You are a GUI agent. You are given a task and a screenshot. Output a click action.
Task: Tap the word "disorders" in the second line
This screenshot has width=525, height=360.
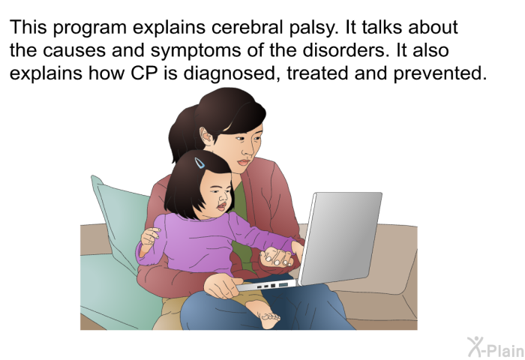click(x=346, y=50)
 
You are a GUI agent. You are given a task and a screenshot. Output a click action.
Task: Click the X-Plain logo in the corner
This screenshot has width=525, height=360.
click(x=496, y=347)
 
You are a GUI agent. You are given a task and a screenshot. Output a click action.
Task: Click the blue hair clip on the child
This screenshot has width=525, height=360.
click(x=200, y=163)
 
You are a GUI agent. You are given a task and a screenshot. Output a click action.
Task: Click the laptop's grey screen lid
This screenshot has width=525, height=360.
click(x=340, y=237)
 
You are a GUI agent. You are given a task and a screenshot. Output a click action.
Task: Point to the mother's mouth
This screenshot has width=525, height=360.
click(x=244, y=163)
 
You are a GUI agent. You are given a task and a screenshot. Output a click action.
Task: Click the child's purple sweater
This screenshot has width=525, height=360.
click(x=208, y=243)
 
